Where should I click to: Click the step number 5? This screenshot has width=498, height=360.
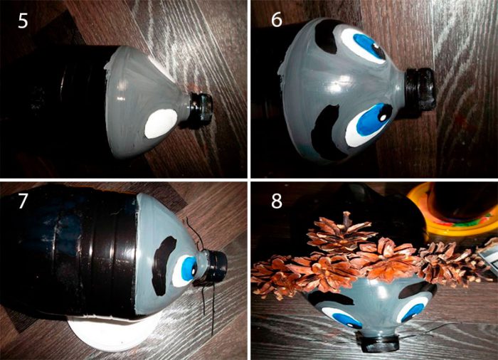coord(23,21)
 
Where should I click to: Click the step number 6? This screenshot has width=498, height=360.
coord(277,20)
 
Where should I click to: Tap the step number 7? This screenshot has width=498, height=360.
coord(22,201)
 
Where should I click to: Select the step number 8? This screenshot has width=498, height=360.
coord(277,201)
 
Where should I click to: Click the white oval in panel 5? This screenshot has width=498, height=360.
coord(161,123)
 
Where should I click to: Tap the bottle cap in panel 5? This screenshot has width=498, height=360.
coord(201,107)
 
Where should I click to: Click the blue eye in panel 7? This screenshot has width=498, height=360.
coord(185,271)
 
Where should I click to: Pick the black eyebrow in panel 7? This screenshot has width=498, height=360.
coord(164,265)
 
